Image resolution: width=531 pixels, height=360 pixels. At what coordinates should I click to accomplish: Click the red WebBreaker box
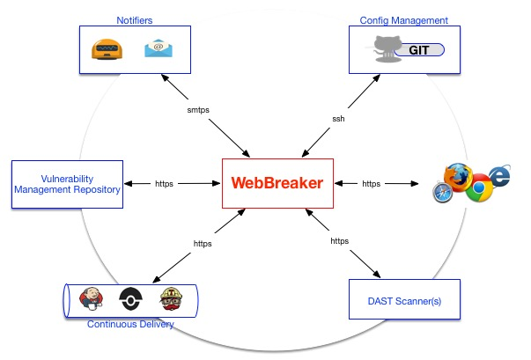[x=277, y=183]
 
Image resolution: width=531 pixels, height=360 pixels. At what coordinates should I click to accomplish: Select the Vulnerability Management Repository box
[x=66, y=184]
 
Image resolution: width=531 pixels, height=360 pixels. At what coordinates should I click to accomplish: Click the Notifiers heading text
[x=134, y=19]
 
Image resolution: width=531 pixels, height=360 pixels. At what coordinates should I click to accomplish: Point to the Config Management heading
[x=404, y=19]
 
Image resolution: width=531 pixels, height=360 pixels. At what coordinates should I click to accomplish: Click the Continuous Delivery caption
[x=129, y=325]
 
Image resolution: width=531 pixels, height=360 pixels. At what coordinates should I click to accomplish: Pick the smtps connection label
[x=199, y=111]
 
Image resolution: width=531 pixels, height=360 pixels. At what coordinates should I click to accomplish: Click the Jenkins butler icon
[x=90, y=298]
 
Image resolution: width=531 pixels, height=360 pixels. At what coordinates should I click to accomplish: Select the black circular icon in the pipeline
[x=130, y=298]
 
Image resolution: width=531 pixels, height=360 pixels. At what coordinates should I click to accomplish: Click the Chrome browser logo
[x=480, y=189]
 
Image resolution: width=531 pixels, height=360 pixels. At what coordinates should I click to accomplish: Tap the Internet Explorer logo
[x=500, y=176]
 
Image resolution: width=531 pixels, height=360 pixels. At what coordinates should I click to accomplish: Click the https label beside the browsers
[x=371, y=184]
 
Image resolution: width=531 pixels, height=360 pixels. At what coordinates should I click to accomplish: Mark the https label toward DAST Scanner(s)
[x=339, y=240]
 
